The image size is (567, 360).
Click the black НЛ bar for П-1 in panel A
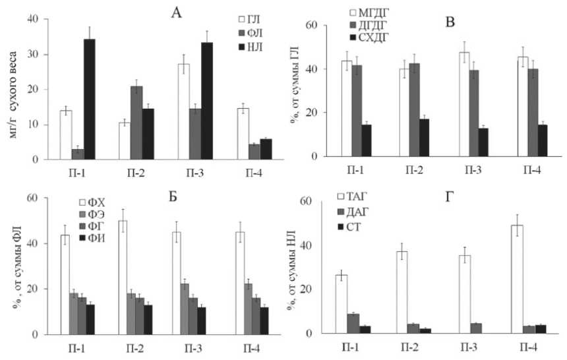point(89,99)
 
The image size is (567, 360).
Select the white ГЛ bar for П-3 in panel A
point(185,111)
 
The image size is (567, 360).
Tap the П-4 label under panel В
point(532,169)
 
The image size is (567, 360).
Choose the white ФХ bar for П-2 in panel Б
point(122,278)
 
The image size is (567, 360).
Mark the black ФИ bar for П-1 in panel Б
point(90,320)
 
